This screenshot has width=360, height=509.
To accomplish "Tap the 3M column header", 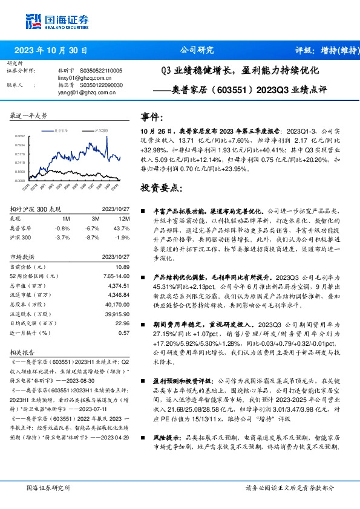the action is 95,218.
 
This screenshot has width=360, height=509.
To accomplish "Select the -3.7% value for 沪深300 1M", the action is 62,238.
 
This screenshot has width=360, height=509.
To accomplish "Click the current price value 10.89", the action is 123,267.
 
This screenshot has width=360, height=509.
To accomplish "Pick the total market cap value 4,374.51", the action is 119,285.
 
